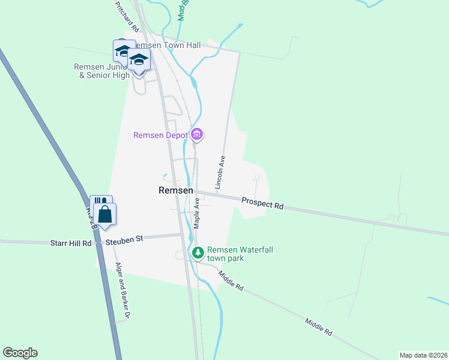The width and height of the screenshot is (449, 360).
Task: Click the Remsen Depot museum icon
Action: click(x=197, y=134)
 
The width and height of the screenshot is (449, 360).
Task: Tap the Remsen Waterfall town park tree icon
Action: click(x=197, y=253)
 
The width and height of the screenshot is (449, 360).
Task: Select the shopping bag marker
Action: click(x=105, y=214)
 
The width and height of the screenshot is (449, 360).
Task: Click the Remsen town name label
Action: click(x=175, y=190)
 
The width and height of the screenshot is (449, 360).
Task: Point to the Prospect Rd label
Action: click(x=262, y=202)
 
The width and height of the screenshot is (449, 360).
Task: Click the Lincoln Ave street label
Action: click(x=221, y=172)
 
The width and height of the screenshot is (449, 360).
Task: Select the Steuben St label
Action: click(x=124, y=240)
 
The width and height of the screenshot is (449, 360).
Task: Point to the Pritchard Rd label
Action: click(x=127, y=16)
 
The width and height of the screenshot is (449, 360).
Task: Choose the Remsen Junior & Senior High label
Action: click(x=102, y=71)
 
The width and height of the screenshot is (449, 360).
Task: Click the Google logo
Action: click(x=20, y=353)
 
